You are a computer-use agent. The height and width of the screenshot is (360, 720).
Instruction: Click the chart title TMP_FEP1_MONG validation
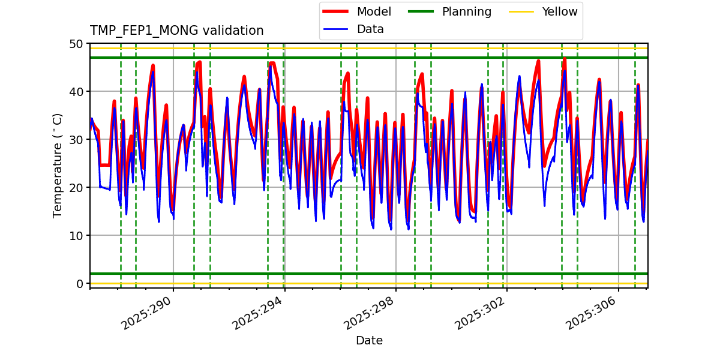tap(176, 31)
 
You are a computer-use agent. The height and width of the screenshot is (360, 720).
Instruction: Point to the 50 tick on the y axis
tap(76, 44)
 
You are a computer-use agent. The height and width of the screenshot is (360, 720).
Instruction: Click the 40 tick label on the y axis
tap(76, 92)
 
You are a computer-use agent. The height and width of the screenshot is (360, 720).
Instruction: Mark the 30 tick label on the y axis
tap(76, 140)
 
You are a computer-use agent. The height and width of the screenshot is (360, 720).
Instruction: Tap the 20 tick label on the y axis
tap(76, 188)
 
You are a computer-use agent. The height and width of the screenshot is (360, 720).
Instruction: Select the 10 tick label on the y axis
tap(76, 236)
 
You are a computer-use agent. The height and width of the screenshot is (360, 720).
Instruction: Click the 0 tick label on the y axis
tap(80, 284)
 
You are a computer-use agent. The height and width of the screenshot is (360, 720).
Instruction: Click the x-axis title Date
tap(369, 341)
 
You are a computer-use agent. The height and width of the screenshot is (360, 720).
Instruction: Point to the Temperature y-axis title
tap(58, 165)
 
